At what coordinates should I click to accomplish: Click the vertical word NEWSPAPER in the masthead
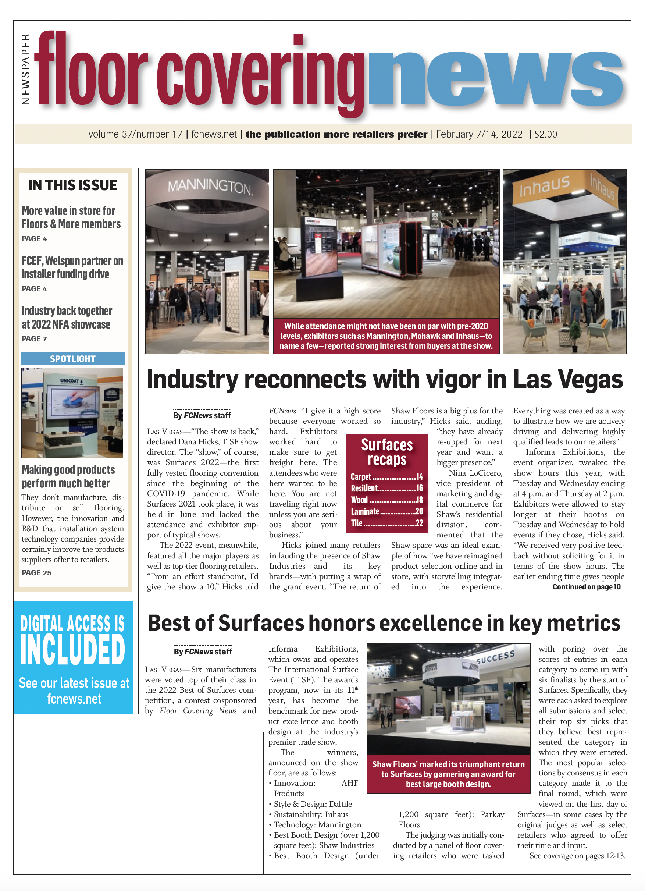[25, 69]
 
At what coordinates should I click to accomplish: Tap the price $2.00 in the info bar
[545, 134]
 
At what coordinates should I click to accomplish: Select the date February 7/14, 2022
[479, 134]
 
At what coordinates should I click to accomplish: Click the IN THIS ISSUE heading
[73, 185]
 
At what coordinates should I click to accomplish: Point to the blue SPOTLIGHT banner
[73, 359]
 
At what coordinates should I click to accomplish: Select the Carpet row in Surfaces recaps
[386, 476]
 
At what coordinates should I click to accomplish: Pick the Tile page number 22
[419, 523]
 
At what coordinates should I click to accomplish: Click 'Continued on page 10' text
[586, 587]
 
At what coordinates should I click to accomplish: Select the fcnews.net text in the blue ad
[74, 699]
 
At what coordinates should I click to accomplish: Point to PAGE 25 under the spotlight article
[36, 573]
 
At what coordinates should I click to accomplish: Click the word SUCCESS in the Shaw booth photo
[495, 657]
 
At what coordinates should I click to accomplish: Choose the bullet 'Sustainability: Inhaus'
[311, 814]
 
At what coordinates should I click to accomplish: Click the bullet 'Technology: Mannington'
[317, 825]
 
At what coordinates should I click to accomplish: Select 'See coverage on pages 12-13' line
[577, 856]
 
